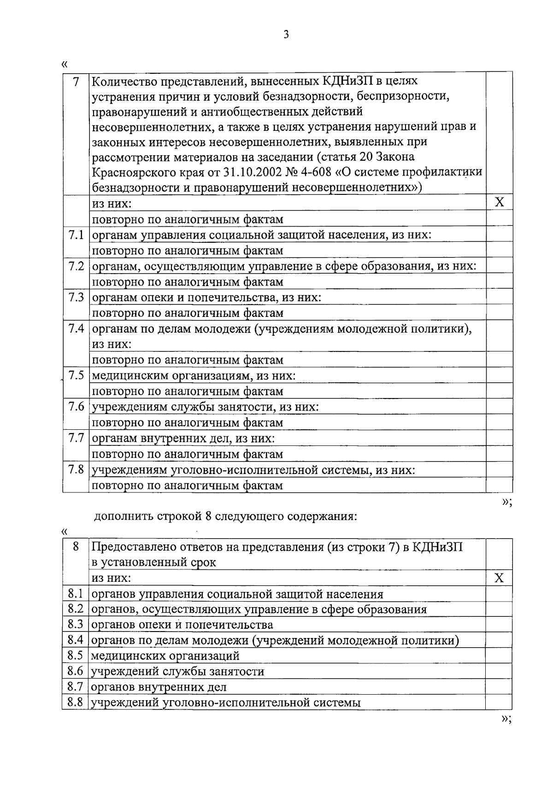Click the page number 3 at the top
tap(286, 35)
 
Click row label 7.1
tap(76, 235)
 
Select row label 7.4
tap(76, 329)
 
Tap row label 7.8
tap(76, 470)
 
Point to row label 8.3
tap(75, 625)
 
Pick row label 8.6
tap(75, 671)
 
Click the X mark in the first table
tap(499, 202)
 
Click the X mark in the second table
tap(499, 578)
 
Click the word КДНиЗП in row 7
tap(344, 81)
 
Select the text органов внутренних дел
tap(159, 687)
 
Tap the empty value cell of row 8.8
tap(499, 702)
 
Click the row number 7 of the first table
tap(76, 81)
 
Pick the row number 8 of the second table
tap(76, 547)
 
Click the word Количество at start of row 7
tap(121, 81)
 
